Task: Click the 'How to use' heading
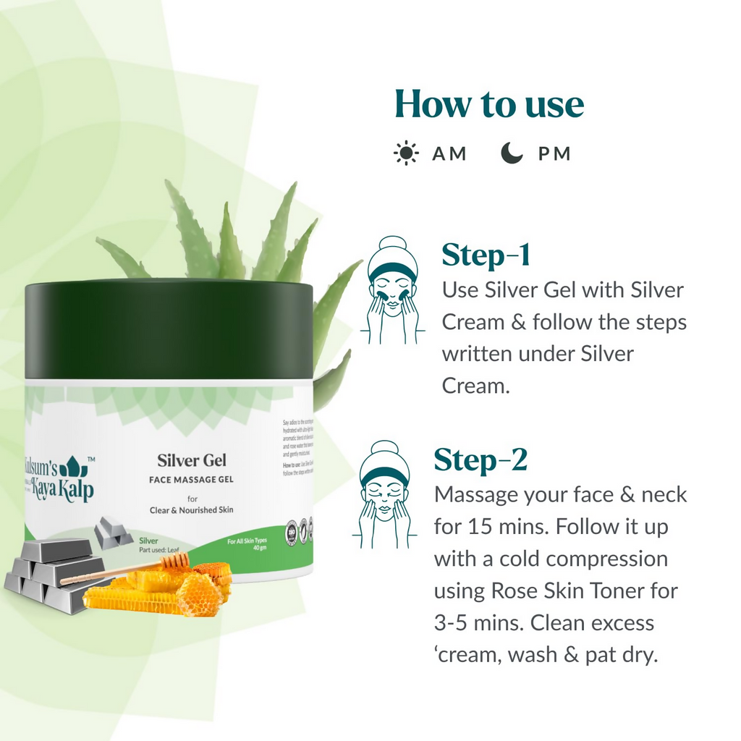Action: [x=489, y=104]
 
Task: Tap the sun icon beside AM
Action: [x=406, y=153]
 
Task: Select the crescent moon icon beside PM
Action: [x=512, y=153]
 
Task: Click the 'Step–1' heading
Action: [x=486, y=255]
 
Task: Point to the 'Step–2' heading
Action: [x=480, y=460]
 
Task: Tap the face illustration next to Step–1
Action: [x=392, y=289]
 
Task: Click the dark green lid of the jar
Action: [x=169, y=329]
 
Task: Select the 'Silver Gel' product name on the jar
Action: [x=192, y=460]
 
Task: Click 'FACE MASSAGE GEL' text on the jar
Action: [x=192, y=480]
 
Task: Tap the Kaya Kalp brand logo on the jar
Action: [x=61, y=478]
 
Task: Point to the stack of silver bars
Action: [x=47, y=572]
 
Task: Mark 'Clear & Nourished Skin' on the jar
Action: [x=192, y=510]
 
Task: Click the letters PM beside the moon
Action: [x=554, y=153]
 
